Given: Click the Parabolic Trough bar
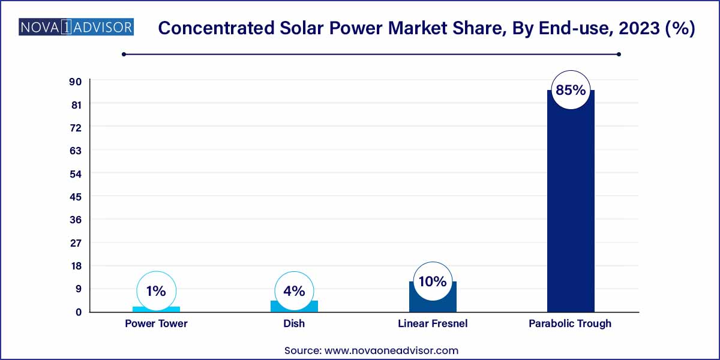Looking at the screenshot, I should point(571,204).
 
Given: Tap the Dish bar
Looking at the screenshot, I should point(294,306).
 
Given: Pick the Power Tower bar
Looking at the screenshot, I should point(156,309).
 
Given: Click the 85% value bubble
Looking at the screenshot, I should point(571,91).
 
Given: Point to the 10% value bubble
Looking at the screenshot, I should point(433,281).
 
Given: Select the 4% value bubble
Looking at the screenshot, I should point(294,291).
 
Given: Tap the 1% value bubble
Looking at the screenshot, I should point(156,291).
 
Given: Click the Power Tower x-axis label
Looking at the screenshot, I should point(156,323).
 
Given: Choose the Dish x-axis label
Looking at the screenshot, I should point(294,323).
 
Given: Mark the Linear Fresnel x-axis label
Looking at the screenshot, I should point(433,323).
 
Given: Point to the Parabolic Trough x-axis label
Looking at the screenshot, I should point(570,323).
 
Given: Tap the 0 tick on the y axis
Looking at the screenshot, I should point(78,312).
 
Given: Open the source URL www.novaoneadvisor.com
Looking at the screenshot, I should point(391,350).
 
